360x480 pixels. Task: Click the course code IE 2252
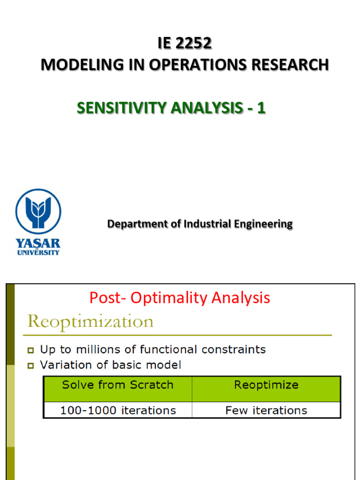[x=185, y=43]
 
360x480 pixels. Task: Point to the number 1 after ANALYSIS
[x=261, y=108]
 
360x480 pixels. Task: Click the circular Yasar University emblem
[x=38, y=211]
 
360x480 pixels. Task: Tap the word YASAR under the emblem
[x=38, y=243]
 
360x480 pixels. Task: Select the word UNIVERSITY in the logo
[x=38, y=252]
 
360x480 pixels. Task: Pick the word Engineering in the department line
[x=263, y=224]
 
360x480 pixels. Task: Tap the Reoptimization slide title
[x=90, y=322]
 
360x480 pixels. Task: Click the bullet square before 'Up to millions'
[x=30, y=350]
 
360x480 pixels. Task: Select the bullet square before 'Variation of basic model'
[x=30, y=366]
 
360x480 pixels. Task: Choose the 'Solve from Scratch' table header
[x=118, y=385]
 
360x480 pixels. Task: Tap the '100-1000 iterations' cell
[x=118, y=411]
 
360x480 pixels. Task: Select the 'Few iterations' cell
[x=266, y=411]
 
